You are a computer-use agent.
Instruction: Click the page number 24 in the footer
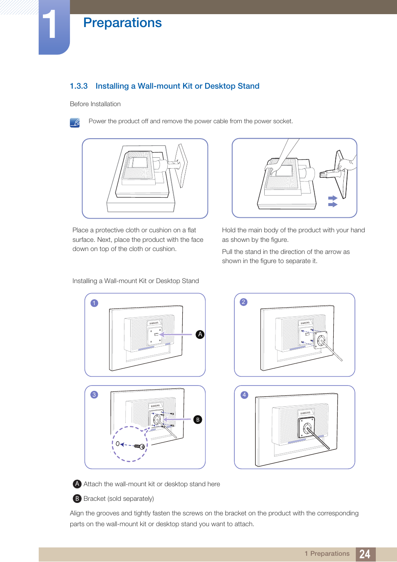tap(365, 554)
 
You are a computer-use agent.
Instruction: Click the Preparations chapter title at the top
tap(122, 22)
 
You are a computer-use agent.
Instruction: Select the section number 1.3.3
tap(79, 86)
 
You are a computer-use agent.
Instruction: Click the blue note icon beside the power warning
tap(75, 123)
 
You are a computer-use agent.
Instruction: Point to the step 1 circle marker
tap(94, 303)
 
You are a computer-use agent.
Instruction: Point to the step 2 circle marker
tap(244, 302)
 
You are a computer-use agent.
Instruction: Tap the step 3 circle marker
tap(94, 395)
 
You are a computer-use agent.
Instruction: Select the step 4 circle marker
tap(244, 395)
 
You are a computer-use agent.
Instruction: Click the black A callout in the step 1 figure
tap(200, 334)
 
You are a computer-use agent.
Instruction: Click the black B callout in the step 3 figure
tap(198, 420)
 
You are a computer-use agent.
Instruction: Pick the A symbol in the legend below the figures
tap(77, 484)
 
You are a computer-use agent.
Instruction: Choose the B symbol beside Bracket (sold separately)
tap(77, 498)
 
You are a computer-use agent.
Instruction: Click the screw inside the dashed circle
tap(139, 446)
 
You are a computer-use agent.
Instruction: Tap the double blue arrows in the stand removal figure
tap(332, 201)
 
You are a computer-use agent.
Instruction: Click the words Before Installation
tap(95, 104)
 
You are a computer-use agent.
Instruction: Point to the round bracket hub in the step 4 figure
tap(308, 428)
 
